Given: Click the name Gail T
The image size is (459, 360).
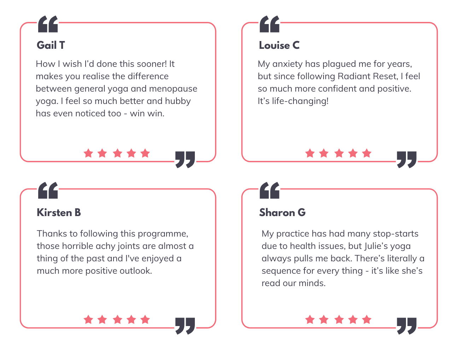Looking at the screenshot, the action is click(51, 45).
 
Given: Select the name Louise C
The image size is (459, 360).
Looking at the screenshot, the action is click(279, 45).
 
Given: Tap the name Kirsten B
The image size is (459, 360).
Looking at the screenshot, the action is click(59, 212).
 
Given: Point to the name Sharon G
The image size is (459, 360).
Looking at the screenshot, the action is click(282, 212).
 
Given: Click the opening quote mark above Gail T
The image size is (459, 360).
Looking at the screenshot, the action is click(48, 24).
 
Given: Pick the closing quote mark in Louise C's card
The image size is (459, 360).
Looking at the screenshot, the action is click(406, 159).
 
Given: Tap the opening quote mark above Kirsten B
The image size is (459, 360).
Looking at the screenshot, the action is click(48, 190).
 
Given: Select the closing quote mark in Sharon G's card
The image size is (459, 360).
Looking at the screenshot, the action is click(406, 326).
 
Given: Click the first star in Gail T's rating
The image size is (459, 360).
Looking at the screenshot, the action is click(88, 153).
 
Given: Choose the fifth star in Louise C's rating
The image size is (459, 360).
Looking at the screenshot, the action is click(367, 153).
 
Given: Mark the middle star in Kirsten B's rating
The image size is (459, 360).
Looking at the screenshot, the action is click(117, 320).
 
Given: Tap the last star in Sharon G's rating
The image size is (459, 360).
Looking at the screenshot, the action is click(367, 320).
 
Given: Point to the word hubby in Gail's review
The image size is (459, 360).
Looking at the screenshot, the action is click(178, 101).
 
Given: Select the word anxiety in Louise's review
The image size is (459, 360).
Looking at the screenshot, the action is click(287, 64).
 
